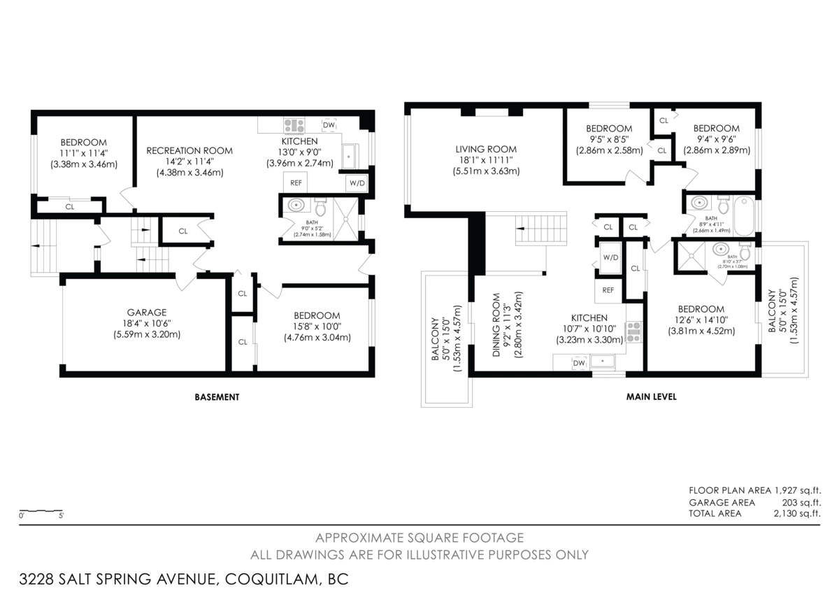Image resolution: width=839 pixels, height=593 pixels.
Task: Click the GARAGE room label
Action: [147, 313]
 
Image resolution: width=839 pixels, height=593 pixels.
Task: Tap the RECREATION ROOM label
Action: [189, 150]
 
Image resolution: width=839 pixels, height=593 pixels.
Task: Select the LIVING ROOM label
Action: [486, 149]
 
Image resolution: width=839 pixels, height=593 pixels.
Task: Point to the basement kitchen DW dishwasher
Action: [329, 125]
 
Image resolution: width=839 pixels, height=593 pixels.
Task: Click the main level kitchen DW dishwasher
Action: [578, 363]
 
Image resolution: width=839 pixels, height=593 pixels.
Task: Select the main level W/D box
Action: [610, 257]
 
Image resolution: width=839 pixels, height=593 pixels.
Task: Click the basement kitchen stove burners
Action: [294, 126]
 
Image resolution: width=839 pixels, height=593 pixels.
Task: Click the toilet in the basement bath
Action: [321, 208]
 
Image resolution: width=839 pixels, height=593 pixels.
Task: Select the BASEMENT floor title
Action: [217, 397]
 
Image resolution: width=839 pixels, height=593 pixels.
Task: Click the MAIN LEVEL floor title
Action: [650, 397]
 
